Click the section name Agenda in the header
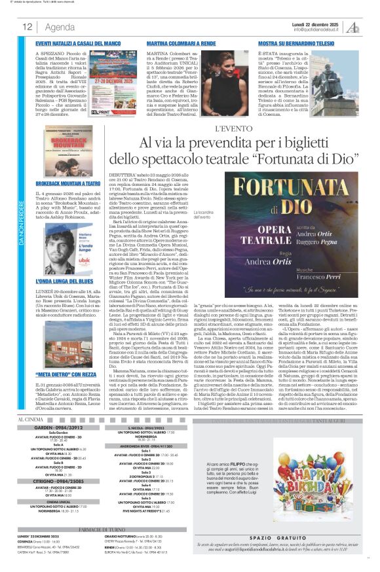(x=60, y=27)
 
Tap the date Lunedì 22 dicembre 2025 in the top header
(x=318, y=24)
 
